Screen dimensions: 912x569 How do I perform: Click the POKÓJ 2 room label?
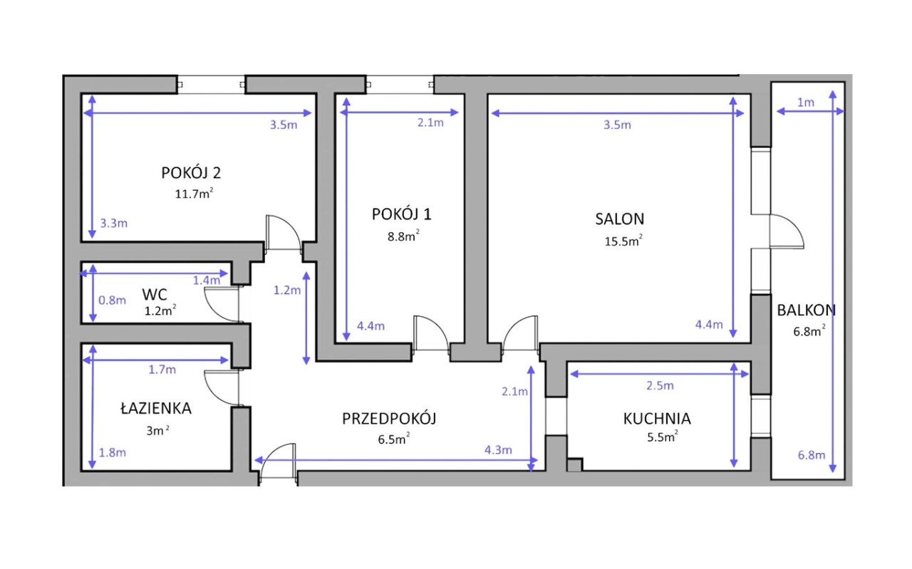[x=191, y=173]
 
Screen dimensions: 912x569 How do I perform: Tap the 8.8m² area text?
[x=403, y=236]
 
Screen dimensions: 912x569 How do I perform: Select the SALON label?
[x=620, y=219]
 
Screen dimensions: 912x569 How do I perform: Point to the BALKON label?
[x=806, y=310]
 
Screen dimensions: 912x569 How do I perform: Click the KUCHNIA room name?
[x=657, y=419]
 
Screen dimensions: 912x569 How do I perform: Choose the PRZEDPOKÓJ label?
[x=389, y=419]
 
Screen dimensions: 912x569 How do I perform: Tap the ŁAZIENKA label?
[x=156, y=408]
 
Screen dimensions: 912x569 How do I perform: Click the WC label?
[x=155, y=294]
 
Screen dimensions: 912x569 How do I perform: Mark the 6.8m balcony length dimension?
[x=812, y=455]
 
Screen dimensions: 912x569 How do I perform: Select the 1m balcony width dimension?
[x=806, y=103]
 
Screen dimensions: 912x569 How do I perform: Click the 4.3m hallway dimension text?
[x=498, y=450]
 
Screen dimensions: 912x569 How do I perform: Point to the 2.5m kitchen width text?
[x=660, y=385]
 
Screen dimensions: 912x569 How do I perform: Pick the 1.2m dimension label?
[x=287, y=291]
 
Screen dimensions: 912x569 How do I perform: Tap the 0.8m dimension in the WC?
[x=113, y=301]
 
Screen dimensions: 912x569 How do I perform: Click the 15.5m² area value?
[x=623, y=241]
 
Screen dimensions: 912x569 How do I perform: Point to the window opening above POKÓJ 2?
[x=211, y=85]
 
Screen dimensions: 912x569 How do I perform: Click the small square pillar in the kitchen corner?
[x=574, y=465]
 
